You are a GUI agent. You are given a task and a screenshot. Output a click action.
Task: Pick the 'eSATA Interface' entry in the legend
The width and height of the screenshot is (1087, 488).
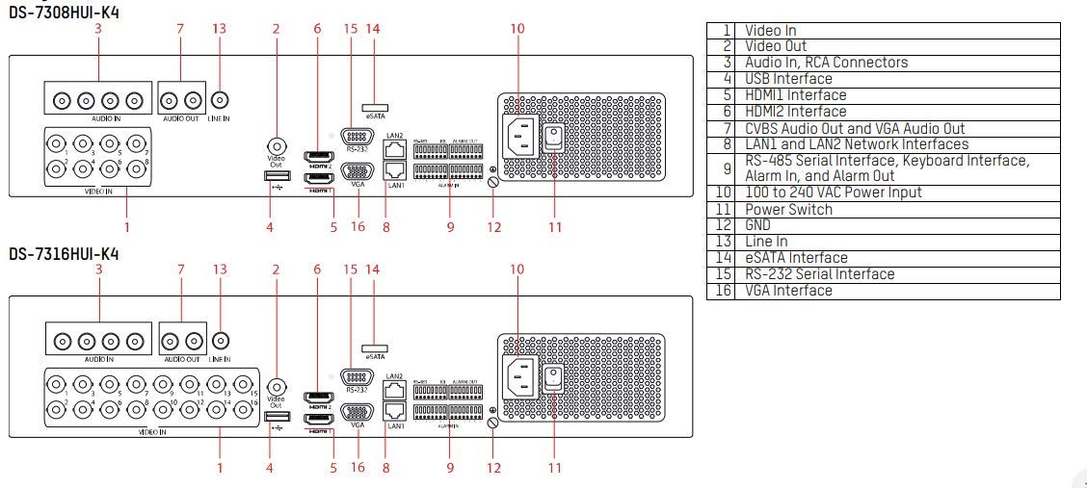[x=796, y=258]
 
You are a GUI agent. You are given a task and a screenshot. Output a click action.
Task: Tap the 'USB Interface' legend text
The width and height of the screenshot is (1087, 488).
[x=788, y=79]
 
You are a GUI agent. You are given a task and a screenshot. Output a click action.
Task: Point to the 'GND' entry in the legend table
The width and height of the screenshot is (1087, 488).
[x=758, y=225]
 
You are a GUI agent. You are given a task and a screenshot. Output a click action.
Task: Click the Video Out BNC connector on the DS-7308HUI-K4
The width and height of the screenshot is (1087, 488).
[x=277, y=141]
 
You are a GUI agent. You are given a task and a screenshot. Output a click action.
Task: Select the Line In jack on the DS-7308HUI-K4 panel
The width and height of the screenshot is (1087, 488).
[x=220, y=99]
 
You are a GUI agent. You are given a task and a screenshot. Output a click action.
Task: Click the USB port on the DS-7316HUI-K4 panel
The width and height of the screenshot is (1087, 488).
[x=271, y=416]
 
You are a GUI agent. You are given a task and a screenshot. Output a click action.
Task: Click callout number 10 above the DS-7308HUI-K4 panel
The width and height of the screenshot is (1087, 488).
[x=517, y=29]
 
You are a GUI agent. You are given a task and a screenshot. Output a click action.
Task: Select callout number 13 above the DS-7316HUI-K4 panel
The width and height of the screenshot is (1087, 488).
[x=220, y=270]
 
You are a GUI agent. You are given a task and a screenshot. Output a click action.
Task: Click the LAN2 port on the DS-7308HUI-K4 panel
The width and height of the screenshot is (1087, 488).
[x=393, y=149]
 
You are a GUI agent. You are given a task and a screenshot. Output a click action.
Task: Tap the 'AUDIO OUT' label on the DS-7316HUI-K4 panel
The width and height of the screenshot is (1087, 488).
[x=181, y=359]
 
